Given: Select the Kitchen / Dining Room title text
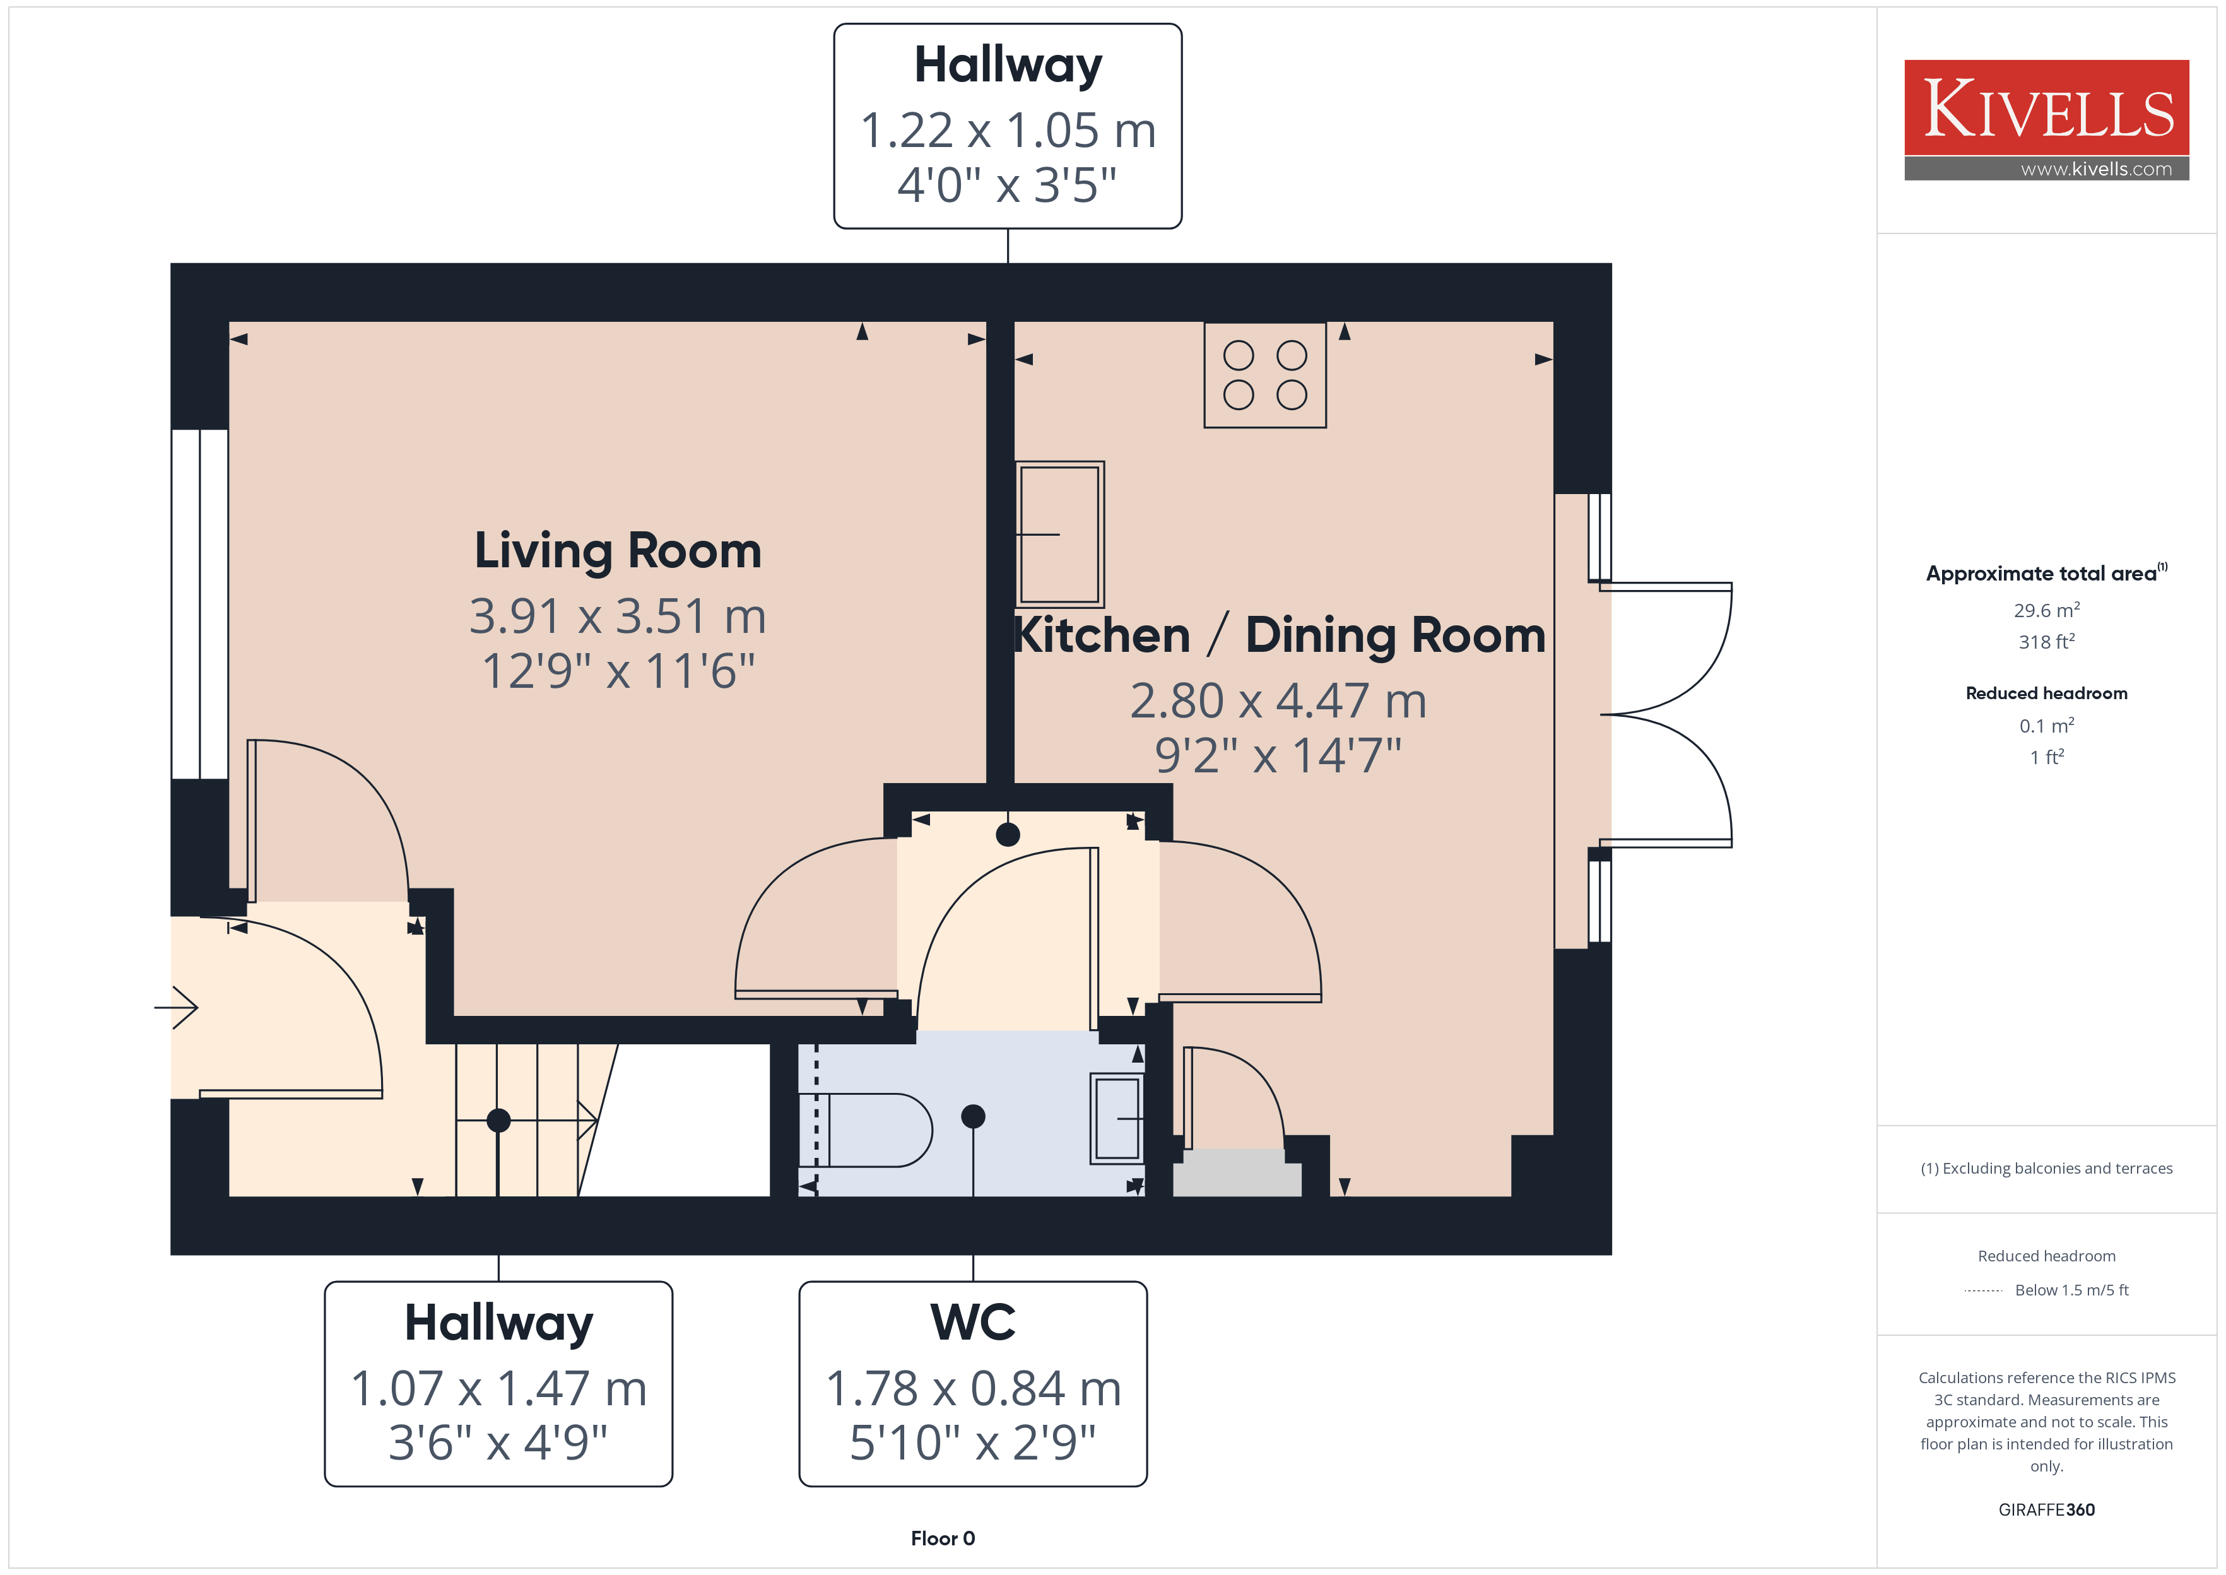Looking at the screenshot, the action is [1280, 635].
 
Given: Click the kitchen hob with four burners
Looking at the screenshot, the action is [1264, 375].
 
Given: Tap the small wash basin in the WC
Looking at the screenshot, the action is [1117, 1118].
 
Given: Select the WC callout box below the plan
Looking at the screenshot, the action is [972, 1384].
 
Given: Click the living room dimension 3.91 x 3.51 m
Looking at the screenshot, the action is [618, 616].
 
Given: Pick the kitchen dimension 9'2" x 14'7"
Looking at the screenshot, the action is [1278, 755].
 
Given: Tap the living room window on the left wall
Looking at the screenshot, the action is [200, 605].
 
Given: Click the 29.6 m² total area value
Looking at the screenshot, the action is [2047, 610].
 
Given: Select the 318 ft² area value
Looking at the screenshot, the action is [2047, 641].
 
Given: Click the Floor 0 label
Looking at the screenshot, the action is [943, 1538].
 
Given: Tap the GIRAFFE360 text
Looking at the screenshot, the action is [2047, 1509].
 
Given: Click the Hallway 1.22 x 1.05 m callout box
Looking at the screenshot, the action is [1008, 126].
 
